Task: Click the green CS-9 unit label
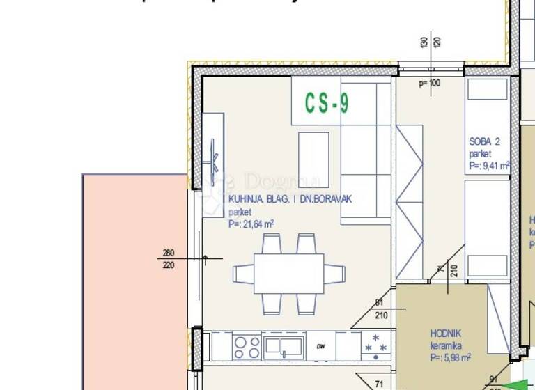[x=327, y=104]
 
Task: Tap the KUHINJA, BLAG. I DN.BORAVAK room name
[x=290, y=199]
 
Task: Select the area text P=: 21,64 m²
[x=251, y=224]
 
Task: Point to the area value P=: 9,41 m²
[x=489, y=166]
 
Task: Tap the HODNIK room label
[x=446, y=334]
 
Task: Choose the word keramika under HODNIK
[x=446, y=345]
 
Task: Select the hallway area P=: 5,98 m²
[x=450, y=357]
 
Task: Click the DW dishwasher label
[x=321, y=346]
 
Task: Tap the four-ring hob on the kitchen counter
[x=246, y=346]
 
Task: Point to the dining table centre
[x=288, y=273]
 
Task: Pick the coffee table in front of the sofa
[x=313, y=159]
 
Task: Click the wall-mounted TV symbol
[x=215, y=162]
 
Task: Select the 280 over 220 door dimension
[x=169, y=259]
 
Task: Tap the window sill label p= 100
[x=429, y=84]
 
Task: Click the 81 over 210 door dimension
[x=379, y=309]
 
